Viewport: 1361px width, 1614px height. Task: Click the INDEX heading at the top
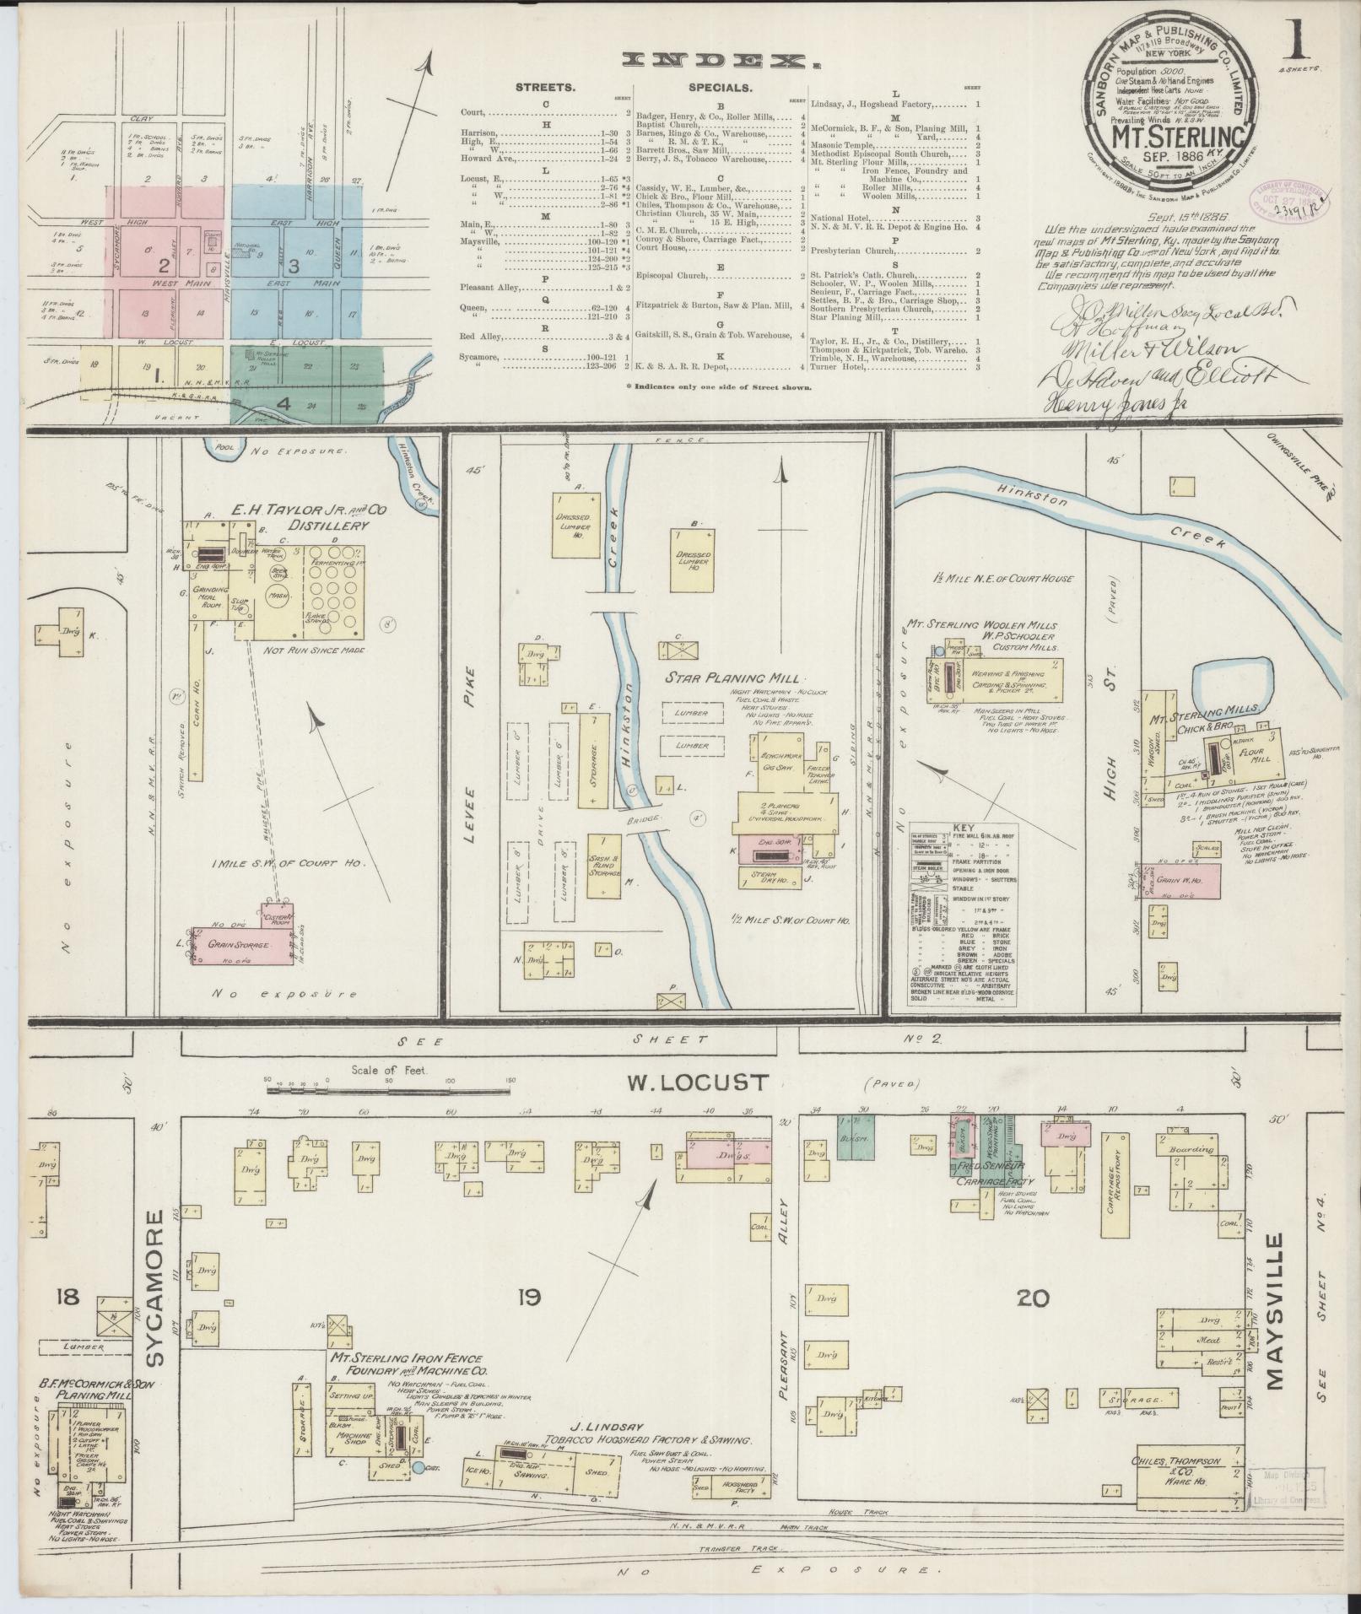(x=721, y=60)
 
